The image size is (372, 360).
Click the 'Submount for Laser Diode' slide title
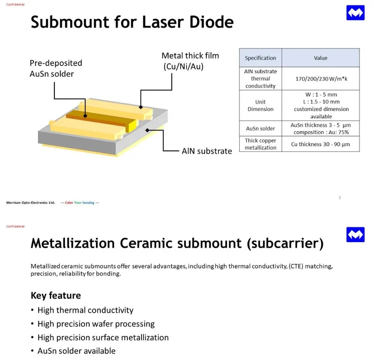(132, 22)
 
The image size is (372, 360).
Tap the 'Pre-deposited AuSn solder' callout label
(56, 68)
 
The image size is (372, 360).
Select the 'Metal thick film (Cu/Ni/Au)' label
(190, 61)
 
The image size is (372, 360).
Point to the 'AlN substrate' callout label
(206, 151)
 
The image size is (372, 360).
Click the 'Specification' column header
(260, 58)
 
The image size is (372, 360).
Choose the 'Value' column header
(320, 58)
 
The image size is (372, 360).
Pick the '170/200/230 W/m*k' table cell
(320, 79)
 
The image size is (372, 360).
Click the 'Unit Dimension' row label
(260, 105)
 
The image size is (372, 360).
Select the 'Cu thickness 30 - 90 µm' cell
(320, 144)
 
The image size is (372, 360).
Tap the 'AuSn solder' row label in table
(260, 128)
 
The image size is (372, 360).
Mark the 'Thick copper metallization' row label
(260, 144)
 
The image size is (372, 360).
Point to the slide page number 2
(339, 198)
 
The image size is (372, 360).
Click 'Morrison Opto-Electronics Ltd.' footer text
(31, 203)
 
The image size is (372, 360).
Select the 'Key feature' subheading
(55, 295)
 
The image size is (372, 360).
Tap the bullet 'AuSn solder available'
(76, 351)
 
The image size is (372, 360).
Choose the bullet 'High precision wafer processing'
(96, 324)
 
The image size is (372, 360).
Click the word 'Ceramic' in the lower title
(156, 243)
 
